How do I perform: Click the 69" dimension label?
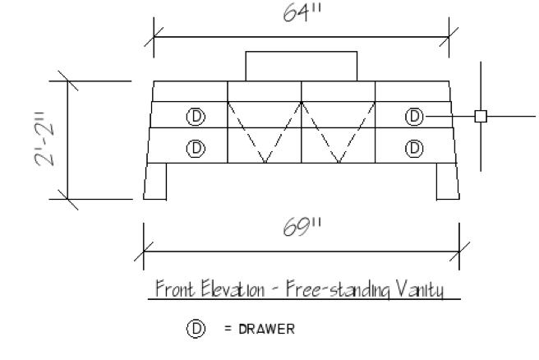(299, 227)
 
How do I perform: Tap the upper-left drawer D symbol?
(195, 116)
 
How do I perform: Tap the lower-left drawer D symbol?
(195, 148)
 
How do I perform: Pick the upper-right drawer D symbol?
(414, 116)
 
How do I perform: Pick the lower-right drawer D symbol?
(414, 148)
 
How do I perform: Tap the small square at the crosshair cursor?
(481, 116)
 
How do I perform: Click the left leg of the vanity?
(156, 181)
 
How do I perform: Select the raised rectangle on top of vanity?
(301, 67)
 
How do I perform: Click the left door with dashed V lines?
(265, 132)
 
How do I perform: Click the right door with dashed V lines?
(338, 132)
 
